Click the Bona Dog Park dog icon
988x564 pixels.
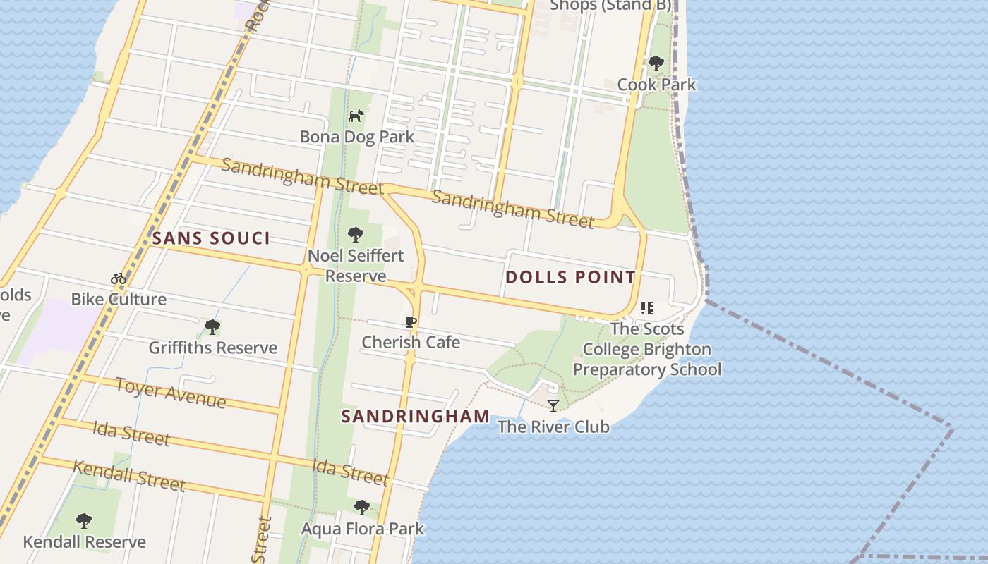pyautogui.click(x=356, y=115)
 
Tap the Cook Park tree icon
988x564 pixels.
pyautogui.click(x=656, y=63)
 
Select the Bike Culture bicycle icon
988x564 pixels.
pyautogui.click(x=119, y=278)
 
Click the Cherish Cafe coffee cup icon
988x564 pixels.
pyautogui.click(x=411, y=322)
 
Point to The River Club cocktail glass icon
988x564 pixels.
pyautogui.click(x=553, y=405)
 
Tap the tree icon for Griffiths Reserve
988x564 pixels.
pyautogui.click(x=212, y=326)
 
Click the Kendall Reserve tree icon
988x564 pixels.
pyautogui.click(x=84, y=521)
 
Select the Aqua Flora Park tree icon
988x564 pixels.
pyautogui.click(x=362, y=507)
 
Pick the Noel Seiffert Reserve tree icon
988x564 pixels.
pyautogui.click(x=356, y=234)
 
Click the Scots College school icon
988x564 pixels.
pyautogui.click(x=647, y=308)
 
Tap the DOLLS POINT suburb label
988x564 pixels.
pyautogui.click(x=570, y=277)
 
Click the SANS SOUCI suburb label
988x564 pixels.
pyautogui.click(x=211, y=238)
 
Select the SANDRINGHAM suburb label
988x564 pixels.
pyautogui.click(x=415, y=416)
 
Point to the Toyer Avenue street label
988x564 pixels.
pyautogui.click(x=171, y=393)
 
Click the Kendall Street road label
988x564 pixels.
pyautogui.click(x=129, y=476)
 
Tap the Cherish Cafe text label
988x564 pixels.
pyautogui.click(x=411, y=343)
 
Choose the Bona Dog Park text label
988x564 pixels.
pyautogui.click(x=357, y=137)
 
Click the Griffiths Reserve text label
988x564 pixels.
pyautogui.click(x=212, y=348)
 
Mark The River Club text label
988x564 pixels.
pyautogui.click(x=553, y=427)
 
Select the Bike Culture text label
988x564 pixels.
pyautogui.click(x=119, y=299)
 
